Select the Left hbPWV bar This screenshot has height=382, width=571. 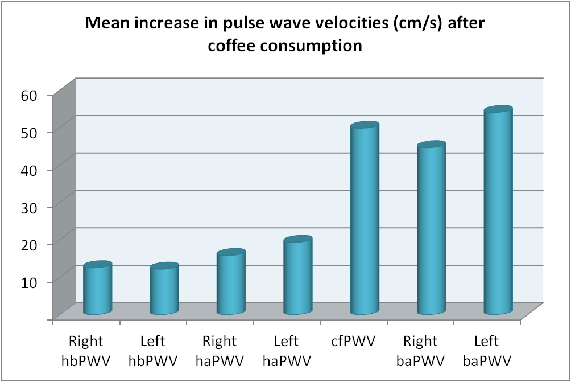pos(164,290)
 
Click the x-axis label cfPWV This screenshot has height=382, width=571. pos(354,342)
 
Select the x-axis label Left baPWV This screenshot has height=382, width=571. pos(487,351)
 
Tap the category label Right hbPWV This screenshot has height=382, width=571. pos(86,351)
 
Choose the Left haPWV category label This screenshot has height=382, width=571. pos(287,351)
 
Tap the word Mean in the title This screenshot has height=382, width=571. pos(106,24)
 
